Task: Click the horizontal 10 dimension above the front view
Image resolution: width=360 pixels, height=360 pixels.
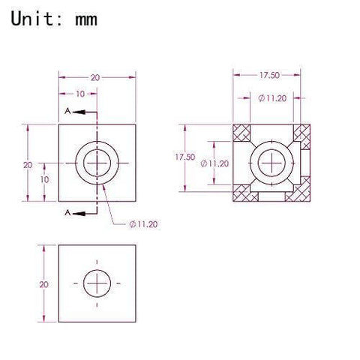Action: (80, 94)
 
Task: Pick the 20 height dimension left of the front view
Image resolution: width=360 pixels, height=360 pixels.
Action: (26, 164)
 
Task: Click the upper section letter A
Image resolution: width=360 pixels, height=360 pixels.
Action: (68, 110)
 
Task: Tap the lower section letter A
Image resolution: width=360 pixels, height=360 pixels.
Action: (68, 214)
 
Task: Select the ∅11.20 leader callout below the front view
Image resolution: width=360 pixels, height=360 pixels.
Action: (143, 223)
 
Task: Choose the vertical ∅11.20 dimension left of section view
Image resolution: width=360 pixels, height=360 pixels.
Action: (218, 163)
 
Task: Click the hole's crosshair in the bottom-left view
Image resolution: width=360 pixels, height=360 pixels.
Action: (97, 283)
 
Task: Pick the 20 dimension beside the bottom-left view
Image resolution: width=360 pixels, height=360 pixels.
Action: (44, 284)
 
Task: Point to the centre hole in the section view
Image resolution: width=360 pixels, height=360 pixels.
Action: (269, 163)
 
